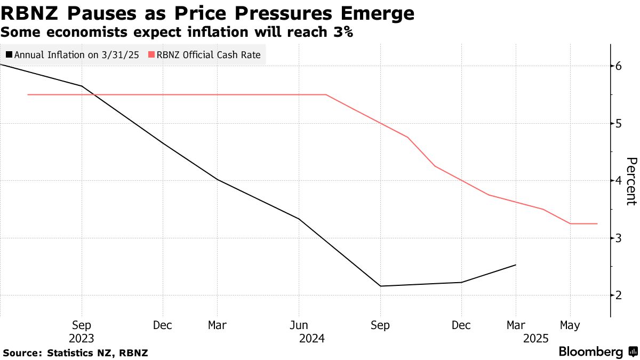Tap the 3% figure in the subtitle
pos(341,32)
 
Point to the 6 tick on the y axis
pos(619,66)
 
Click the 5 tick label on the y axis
pos(619,123)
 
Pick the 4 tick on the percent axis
pos(619,181)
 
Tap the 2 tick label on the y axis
pos(619,295)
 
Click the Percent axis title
pos(630,181)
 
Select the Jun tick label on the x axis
pos(299,325)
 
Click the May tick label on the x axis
pos(570,325)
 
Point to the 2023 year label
pos(81,338)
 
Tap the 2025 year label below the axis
pos(535,338)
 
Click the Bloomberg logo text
pos(590,352)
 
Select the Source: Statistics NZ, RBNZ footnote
pos(75,353)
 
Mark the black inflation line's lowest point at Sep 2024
pos(380,286)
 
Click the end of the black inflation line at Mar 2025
pos(516,265)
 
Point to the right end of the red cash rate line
pos(597,223)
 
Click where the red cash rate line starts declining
pos(326,94)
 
